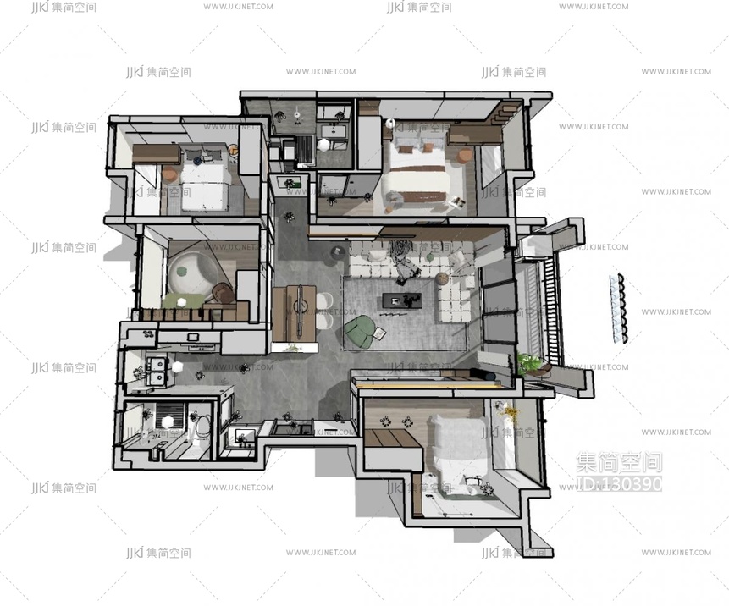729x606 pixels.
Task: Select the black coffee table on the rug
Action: tap(403, 300)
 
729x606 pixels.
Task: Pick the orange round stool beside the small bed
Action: tap(169, 174)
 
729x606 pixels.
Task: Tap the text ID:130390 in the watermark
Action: tap(619, 484)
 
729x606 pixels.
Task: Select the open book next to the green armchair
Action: tap(380, 333)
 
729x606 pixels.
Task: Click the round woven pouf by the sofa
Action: tap(442, 278)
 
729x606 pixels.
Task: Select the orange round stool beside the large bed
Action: tap(464, 157)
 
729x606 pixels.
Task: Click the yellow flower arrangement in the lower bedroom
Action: tap(508, 413)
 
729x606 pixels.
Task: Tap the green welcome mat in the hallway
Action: tap(291, 183)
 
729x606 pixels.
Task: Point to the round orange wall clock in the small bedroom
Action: tap(234, 150)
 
